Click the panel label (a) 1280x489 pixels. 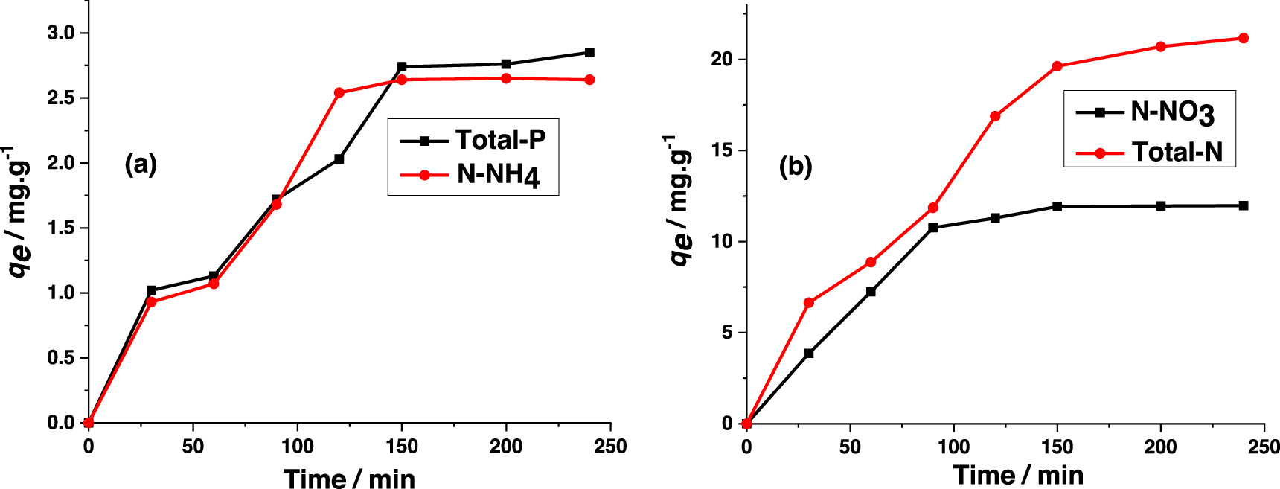141,164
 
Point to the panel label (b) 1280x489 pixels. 795,166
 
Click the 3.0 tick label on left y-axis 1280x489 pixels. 61,33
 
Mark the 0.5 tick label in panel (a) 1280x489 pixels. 61,358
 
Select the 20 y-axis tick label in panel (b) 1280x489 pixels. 722,59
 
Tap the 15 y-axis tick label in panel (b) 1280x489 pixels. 722,150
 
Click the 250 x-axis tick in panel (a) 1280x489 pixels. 610,447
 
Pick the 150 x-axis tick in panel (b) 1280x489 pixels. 1057,447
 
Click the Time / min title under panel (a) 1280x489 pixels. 349,479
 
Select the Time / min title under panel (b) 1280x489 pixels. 1017,475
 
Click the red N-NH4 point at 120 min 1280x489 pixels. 339,93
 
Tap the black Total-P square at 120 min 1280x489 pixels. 339,159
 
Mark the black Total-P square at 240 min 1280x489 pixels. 589,52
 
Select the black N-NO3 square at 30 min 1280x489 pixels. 809,354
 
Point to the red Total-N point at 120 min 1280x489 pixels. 995,116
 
